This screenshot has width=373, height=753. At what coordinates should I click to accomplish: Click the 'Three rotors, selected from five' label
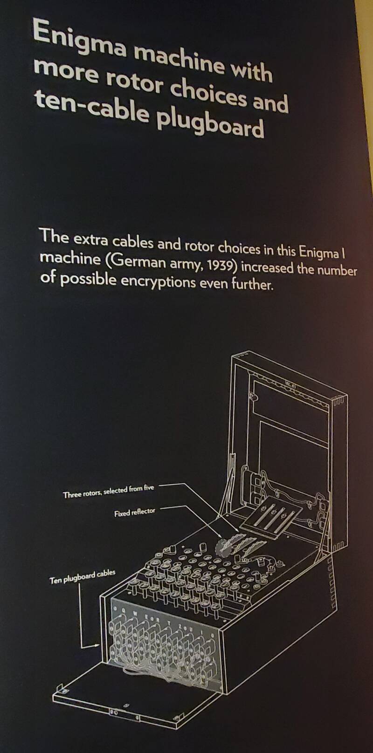point(108,492)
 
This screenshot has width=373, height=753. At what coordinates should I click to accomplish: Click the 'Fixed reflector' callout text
point(135,513)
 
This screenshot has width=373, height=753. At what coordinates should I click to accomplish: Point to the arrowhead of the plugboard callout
point(97,645)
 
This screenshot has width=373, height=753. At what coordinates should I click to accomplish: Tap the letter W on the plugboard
point(136,614)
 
